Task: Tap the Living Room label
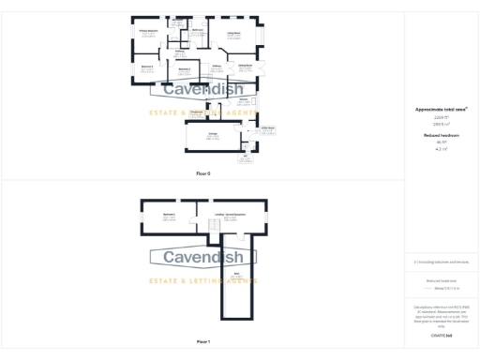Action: (233, 33)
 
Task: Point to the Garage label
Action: (208, 134)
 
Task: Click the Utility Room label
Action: (267, 127)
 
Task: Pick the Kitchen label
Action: (243, 98)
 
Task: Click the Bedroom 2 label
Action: (148, 67)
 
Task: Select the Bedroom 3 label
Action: (186, 68)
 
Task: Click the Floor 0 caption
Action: (203, 174)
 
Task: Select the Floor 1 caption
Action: (203, 342)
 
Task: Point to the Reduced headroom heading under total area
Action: (440, 135)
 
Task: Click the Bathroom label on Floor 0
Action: (199, 30)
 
